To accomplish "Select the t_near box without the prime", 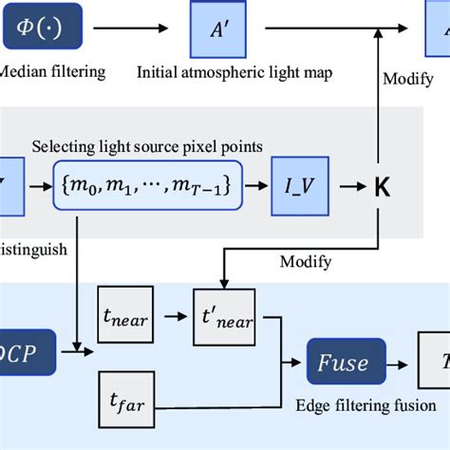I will click(x=123, y=319).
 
